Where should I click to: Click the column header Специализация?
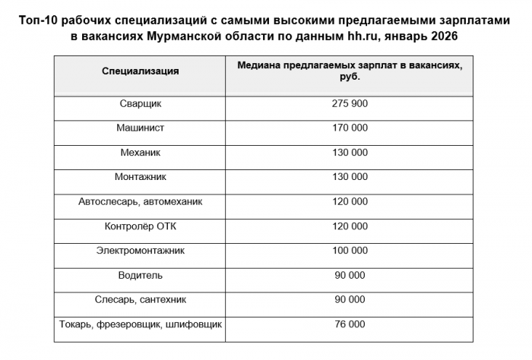(141, 71)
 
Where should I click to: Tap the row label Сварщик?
(141, 103)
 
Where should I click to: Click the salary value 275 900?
(350, 103)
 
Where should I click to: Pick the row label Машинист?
(141, 128)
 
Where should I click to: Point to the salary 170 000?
(350, 128)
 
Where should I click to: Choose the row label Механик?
(141, 153)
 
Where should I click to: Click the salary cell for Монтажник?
(350, 177)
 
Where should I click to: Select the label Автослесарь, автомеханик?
(141, 201)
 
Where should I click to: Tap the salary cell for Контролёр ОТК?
(350, 226)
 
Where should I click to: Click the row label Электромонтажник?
(141, 251)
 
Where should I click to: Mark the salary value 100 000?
(350, 251)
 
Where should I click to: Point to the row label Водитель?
(141, 275)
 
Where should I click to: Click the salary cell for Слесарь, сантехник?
(350, 299)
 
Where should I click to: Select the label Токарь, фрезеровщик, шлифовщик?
(141, 324)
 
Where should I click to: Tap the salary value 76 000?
(350, 324)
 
